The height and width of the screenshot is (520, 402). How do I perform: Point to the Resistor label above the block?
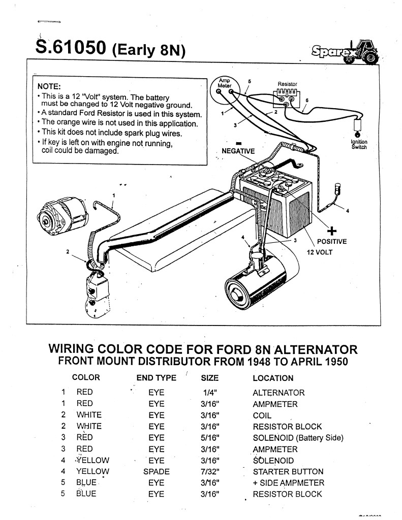click(288, 84)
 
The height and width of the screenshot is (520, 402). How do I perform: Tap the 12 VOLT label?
click(319, 251)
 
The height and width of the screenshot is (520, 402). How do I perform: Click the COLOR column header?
click(86, 378)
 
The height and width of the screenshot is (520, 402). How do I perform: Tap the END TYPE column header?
click(157, 378)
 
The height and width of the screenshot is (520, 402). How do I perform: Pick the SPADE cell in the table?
click(157, 472)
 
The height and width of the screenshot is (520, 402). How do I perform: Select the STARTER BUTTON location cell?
click(289, 472)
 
